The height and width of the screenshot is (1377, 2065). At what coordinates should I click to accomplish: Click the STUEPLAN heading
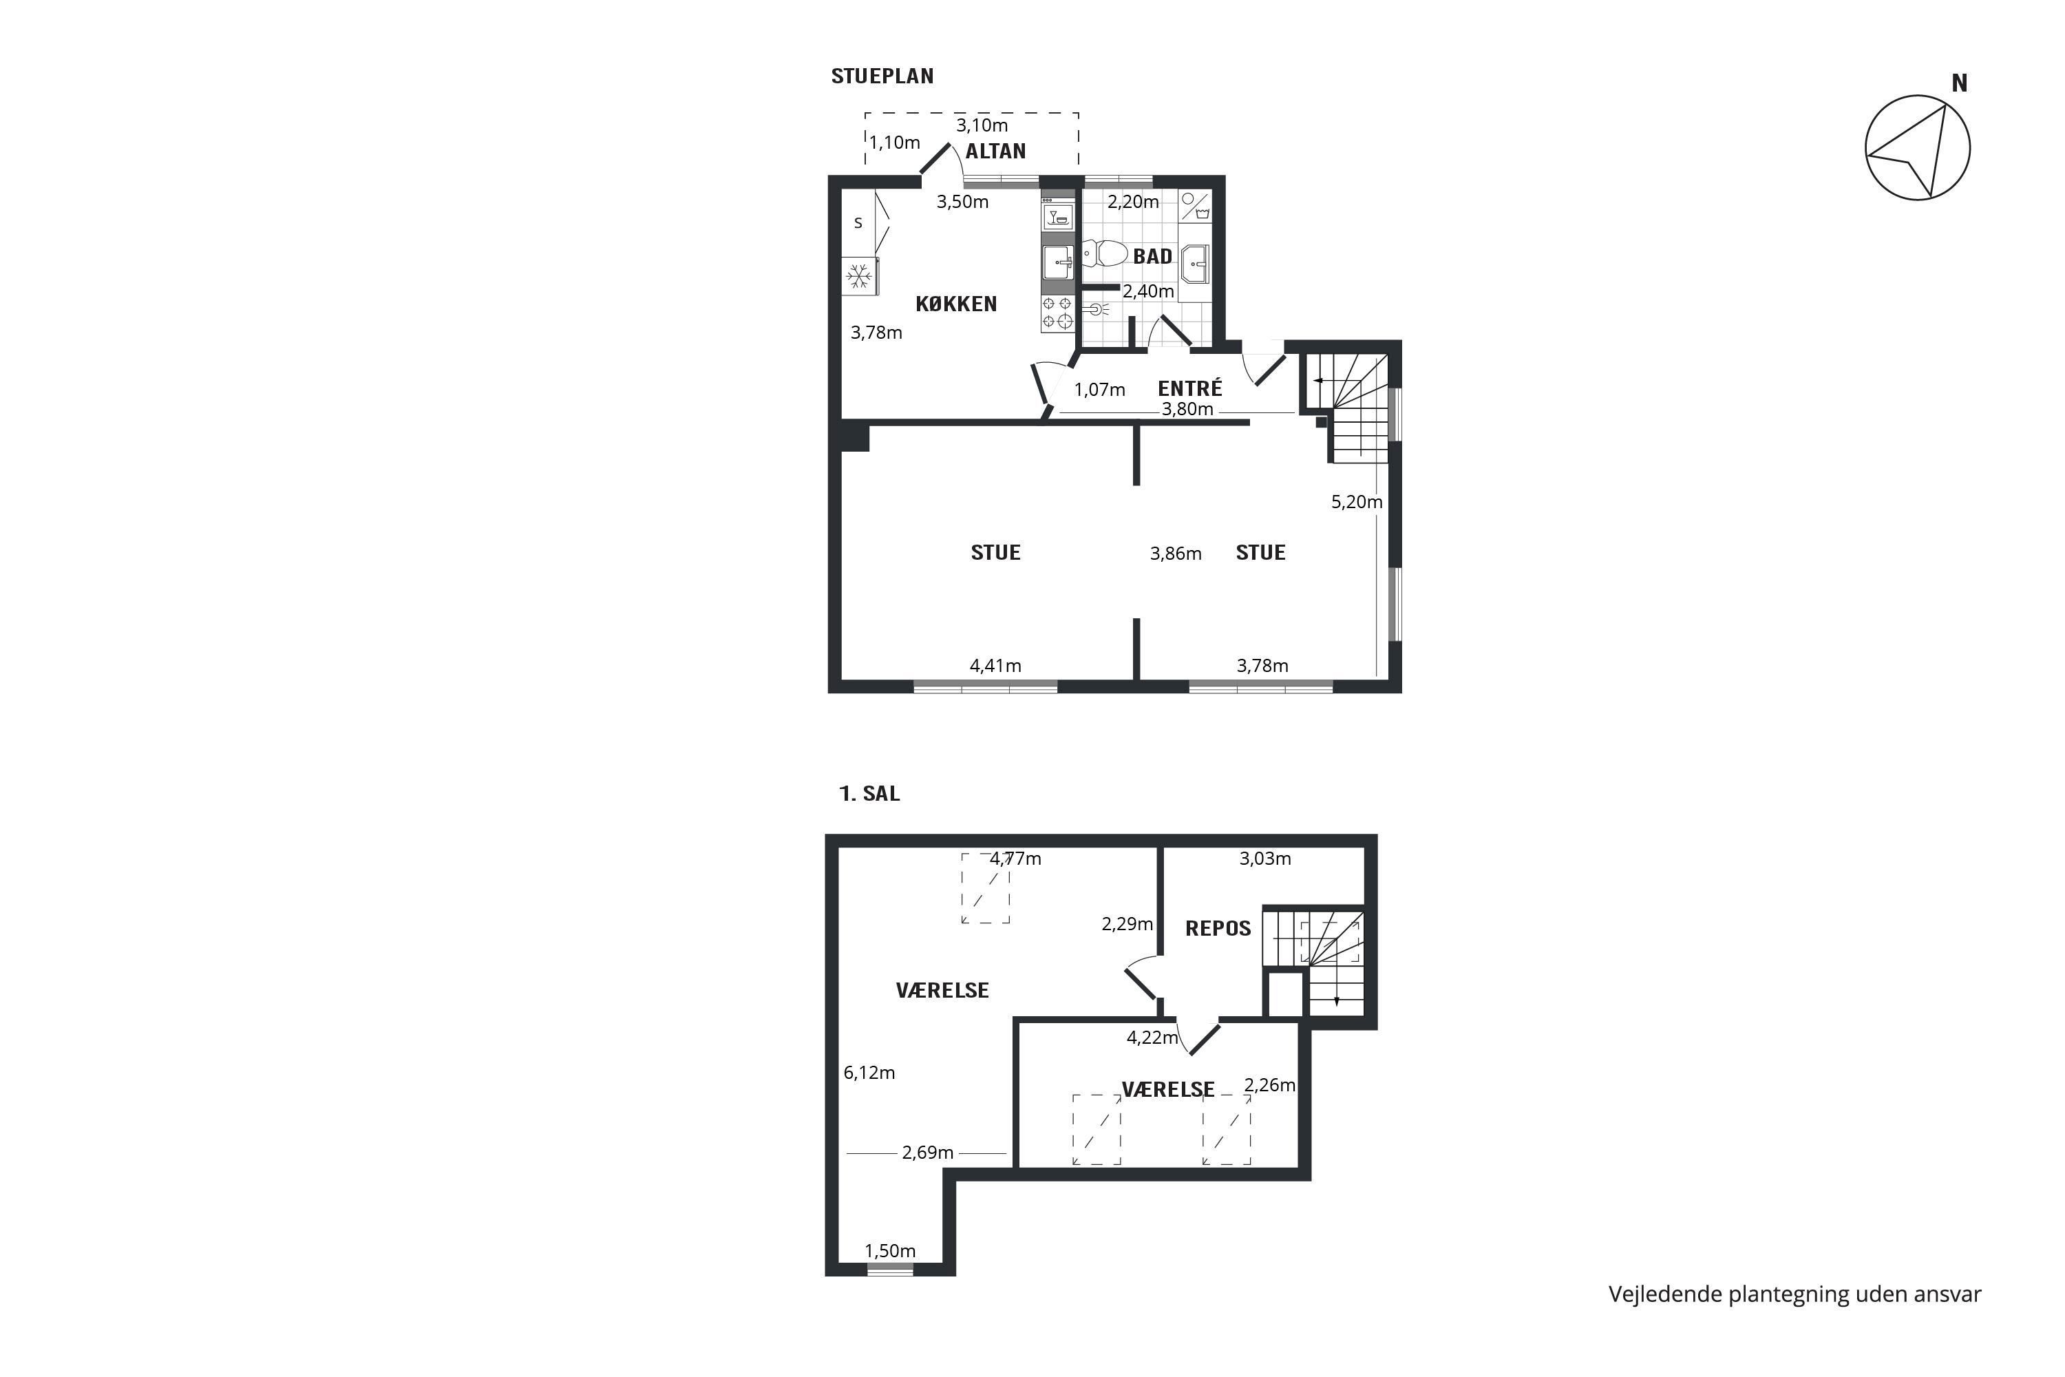tap(882, 76)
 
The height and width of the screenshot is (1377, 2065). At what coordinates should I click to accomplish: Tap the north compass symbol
tap(1918, 147)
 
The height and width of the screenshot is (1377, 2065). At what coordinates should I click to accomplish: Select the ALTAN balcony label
tap(995, 151)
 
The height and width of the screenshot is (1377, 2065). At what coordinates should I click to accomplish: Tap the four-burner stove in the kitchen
tap(1057, 313)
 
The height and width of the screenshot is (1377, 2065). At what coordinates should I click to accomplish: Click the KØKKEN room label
tap(956, 304)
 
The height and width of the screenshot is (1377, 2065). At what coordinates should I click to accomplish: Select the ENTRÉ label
tap(1189, 388)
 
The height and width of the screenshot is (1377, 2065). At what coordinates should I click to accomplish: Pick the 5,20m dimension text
tap(1357, 501)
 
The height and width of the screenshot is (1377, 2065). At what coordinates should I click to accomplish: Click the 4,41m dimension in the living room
tap(995, 666)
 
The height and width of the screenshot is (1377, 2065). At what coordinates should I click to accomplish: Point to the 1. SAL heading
tap(869, 794)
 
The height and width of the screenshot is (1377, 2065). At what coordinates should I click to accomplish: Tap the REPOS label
tap(1218, 929)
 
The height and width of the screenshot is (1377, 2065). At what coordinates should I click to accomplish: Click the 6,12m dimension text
tap(869, 1072)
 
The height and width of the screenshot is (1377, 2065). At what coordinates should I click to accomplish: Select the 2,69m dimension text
tap(927, 1152)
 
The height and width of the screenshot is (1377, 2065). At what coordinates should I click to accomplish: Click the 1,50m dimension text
tap(889, 1250)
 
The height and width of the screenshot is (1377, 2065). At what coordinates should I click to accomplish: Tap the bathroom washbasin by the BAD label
tap(1195, 264)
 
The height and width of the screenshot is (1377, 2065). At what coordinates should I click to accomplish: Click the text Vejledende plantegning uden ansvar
tap(1794, 1294)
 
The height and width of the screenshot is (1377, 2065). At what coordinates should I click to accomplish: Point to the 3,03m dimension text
tap(1265, 858)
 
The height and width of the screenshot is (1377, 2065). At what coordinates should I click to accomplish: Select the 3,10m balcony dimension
tap(982, 125)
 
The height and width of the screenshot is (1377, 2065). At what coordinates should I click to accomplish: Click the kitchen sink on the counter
tap(1058, 262)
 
